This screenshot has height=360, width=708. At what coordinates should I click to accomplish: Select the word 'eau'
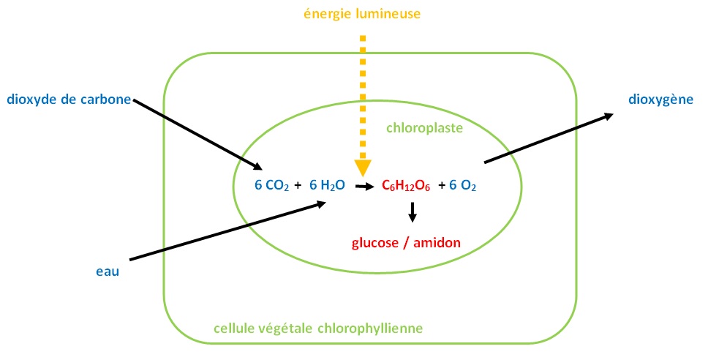(x=107, y=272)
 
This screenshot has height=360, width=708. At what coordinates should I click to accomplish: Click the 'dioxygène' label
(x=660, y=100)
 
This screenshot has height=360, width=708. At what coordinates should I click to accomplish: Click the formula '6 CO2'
(x=271, y=186)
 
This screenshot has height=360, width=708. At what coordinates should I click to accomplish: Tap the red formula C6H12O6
(x=407, y=187)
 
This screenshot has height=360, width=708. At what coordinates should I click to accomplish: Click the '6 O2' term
(x=463, y=187)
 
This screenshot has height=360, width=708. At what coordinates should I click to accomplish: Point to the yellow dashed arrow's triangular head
(x=363, y=168)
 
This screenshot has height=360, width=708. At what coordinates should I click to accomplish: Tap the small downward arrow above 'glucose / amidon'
(x=413, y=211)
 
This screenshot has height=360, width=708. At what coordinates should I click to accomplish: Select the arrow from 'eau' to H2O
(x=227, y=231)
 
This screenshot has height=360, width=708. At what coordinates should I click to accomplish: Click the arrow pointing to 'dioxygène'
(x=549, y=138)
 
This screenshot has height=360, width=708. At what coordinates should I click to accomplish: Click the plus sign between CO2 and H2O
(x=297, y=186)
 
